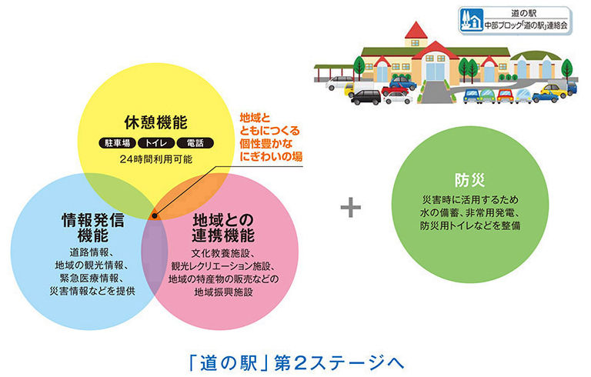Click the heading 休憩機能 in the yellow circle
point(155,122)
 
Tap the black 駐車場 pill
point(117,143)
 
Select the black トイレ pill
point(156,143)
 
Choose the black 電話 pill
point(195,143)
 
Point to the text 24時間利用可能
point(156,159)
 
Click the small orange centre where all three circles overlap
point(154,215)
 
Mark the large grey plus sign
point(351,208)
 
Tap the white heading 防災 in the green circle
point(469,180)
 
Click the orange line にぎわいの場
point(271,156)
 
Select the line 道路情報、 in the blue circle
point(92,252)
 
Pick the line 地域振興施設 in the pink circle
point(223,292)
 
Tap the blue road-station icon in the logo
point(471,20)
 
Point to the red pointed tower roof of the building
point(416,30)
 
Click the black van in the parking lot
point(366,97)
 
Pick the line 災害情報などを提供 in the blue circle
point(92,291)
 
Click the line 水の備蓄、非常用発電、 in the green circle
point(470,212)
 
